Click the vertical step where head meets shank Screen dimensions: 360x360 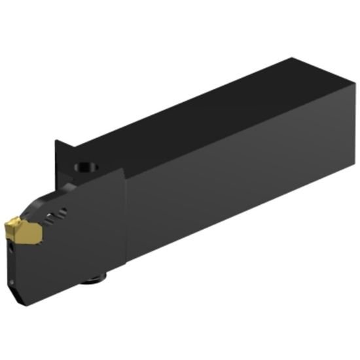(126, 216)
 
